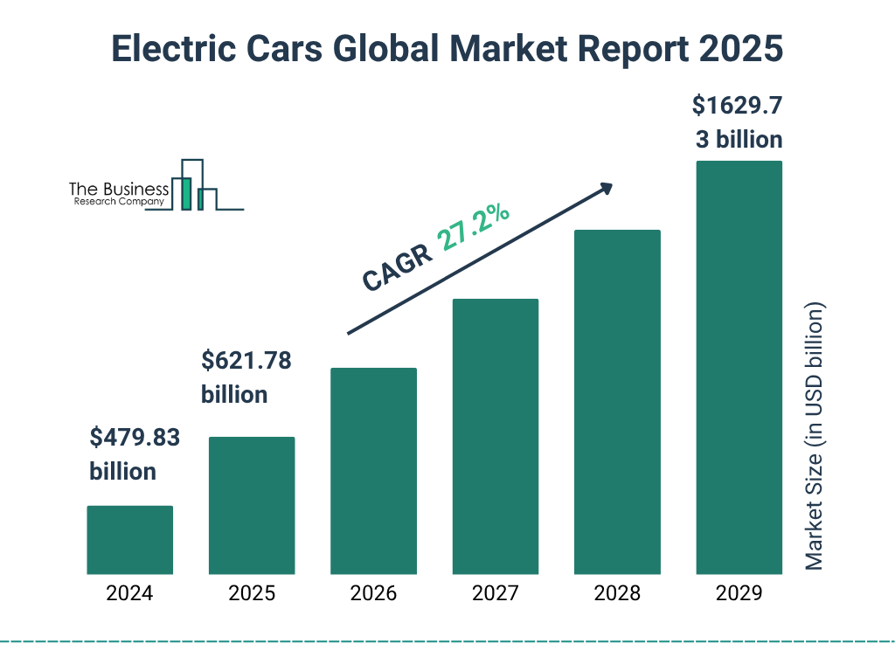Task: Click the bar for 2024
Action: coord(129,540)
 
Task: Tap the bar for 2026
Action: coord(373,471)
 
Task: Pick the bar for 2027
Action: coord(495,436)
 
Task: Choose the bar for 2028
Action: coord(617,402)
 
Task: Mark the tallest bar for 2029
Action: coord(739,367)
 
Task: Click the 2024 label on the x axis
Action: coord(129,594)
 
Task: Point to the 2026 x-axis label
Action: coord(373,594)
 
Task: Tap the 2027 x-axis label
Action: coord(495,594)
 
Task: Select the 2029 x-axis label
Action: coord(739,594)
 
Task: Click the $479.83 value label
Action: coord(135,438)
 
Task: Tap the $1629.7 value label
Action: coord(737,107)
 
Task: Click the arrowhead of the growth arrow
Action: coord(606,187)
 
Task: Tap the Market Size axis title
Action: coord(814,437)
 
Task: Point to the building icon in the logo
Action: coord(195,186)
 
